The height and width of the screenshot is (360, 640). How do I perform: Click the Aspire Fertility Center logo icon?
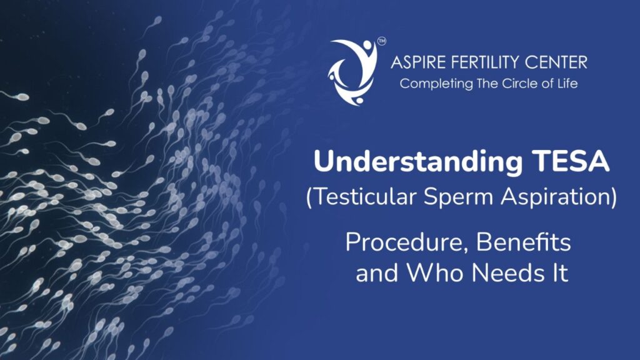click(352, 71)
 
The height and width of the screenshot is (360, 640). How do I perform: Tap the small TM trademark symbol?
click(381, 42)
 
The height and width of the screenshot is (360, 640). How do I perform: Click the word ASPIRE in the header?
click(415, 62)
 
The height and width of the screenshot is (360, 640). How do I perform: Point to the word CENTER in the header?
click(557, 62)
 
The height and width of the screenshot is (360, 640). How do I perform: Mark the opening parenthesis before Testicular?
click(309, 199)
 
